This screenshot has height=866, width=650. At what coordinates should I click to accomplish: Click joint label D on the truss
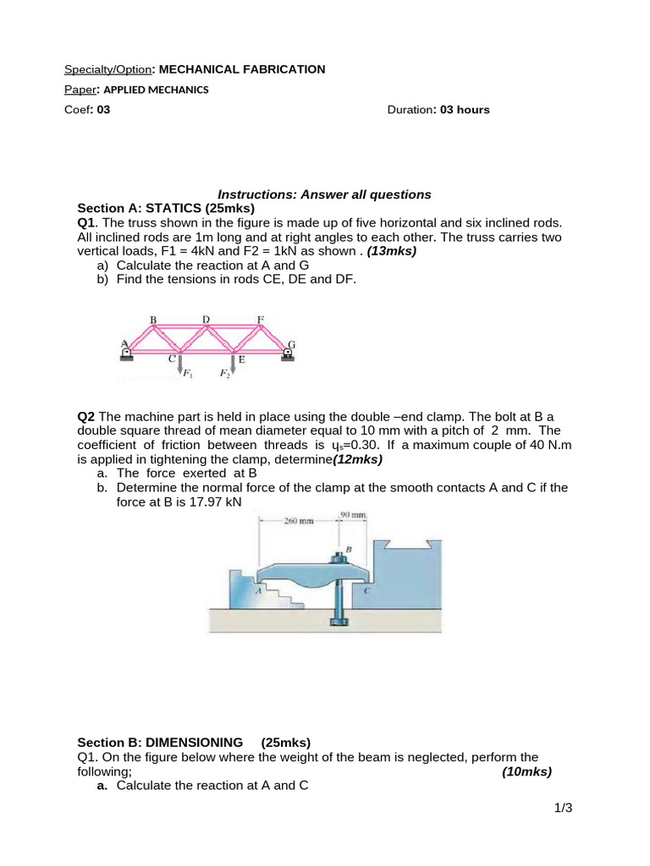(x=206, y=319)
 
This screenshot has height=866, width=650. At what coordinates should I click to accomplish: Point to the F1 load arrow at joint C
(x=179, y=364)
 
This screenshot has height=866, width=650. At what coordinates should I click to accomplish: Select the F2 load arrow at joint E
(x=233, y=364)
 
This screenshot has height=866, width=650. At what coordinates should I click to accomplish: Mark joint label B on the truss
(x=153, y=319)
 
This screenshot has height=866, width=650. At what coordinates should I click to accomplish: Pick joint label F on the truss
(x=261, y=319)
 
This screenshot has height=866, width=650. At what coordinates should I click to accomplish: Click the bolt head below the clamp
(x=338, y=622)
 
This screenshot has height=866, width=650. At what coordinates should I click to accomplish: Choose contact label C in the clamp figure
(x=366, y=591)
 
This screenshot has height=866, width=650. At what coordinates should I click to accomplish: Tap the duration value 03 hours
(x=465, y=110)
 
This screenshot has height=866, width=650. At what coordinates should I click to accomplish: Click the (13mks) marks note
(x=392, y=251)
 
